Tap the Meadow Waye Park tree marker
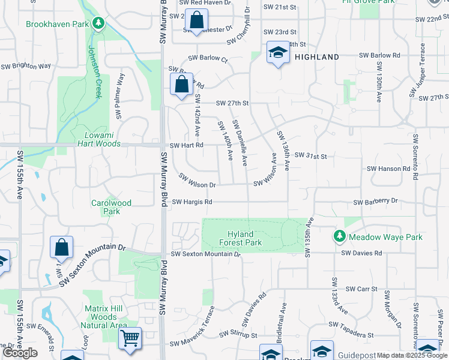pyautogui.click(x=340, y=237)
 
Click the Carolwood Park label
pyautogui.click(x=111, y=207)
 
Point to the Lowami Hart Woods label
pyautogui.click(x=99, y=139)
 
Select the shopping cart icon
pyautogui.click(x=130, y=338)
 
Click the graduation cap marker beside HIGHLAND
pyautogui.click(x=277, y=52)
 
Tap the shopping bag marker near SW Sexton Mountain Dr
pyautogui.click(x=61, y=247)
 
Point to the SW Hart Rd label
pyautogui.click(x=187, y=145)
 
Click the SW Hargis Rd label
pyautogui.click(x=192, y=202)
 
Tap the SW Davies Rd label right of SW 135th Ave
pyautogui.click(x=362, y=253)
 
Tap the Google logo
pyautogui.click(x=20, y=353)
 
